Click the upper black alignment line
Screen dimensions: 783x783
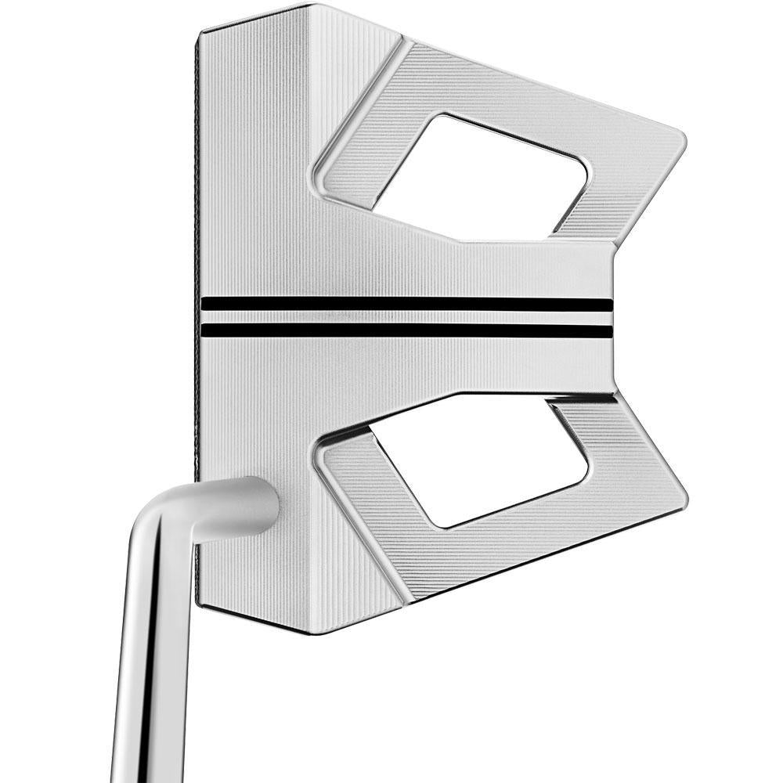[x=407, y=304]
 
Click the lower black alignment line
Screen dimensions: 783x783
[x=407, y=331]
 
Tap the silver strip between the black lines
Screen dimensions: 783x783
[x=407, y=318]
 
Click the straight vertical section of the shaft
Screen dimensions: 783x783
[x=145, y=666]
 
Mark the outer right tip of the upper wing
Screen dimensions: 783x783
[x=683, y=141]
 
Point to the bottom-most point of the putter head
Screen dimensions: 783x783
[x=313, y=631]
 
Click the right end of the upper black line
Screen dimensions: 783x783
[x=609, y=304]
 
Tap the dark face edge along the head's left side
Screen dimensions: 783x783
[x=197, y=235]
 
